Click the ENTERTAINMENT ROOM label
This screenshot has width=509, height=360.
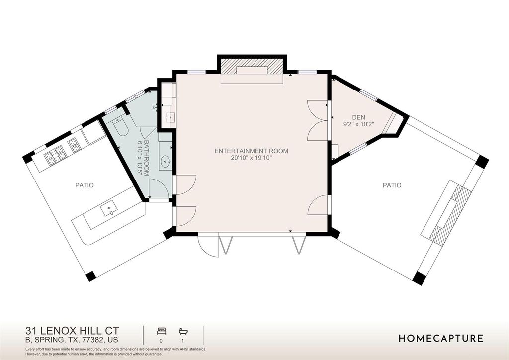pos(251,151)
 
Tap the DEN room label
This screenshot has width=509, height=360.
pos(359,117)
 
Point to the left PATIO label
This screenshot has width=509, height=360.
pos(85,185)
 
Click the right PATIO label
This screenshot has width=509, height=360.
pos(392,185)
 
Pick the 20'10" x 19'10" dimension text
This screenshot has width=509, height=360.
pos(251,158)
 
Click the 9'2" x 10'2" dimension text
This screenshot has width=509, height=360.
pos(359,124)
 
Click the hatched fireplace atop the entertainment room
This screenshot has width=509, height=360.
pos(252,66)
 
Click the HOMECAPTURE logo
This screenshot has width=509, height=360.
pos(440,339)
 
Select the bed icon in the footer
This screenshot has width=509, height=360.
pos(162,331)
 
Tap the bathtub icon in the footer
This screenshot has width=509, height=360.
pos(183,331)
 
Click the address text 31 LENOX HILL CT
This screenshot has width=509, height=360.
pos(73,331)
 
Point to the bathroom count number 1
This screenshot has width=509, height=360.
pos(183,341)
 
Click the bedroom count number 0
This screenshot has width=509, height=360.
pos(161,341)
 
